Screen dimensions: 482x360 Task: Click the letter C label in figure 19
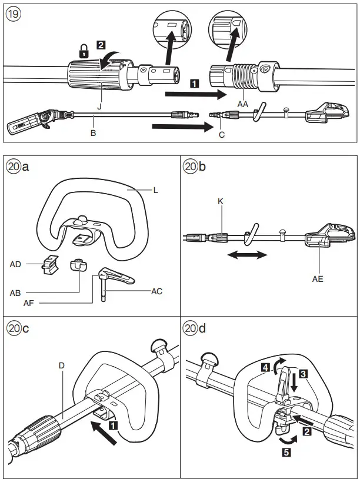[221, 134]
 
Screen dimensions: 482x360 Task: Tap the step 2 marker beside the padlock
[101, 44]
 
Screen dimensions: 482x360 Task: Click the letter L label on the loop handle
[155, 190]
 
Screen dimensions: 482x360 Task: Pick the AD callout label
[16, 264]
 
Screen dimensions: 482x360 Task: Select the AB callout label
[16, 292]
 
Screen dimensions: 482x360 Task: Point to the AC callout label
[156, 291]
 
